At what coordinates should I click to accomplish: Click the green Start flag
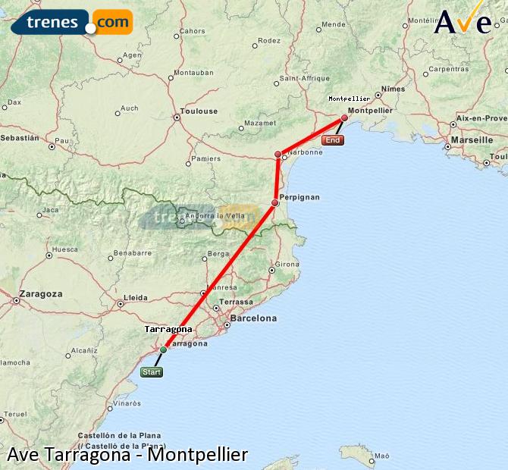coord(152,371)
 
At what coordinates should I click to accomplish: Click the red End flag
coord(333,140)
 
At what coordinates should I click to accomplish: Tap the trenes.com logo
coord(72,23)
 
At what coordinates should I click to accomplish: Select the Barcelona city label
coord(253,318)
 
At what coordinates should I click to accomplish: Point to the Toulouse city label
coord(198,111)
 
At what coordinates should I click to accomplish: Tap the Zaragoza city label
coord(41,293)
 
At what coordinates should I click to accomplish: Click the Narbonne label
coord(305,152)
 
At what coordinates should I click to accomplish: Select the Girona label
coord(287,264)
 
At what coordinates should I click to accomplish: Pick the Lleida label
coord(135,297)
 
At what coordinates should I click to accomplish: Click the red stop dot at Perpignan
coord(275,202)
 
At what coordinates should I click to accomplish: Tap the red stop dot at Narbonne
coord(278,155)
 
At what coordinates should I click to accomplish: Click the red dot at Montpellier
coord(344,117)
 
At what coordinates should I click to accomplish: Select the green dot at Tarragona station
coord(163,349)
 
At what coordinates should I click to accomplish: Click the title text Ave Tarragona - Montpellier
coord(127,455)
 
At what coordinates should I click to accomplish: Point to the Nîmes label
coord(394,89)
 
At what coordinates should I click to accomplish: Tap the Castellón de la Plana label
coord(118,435)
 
